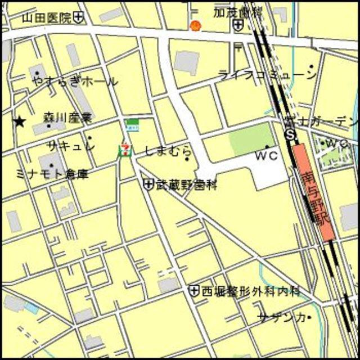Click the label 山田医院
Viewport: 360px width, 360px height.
click(47, 18)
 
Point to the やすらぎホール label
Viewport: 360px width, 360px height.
click(75, 82)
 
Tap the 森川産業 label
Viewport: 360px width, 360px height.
click(67, 118)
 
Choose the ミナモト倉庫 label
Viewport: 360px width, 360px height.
click(52, 174)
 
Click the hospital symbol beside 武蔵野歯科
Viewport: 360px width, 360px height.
click(148, 183)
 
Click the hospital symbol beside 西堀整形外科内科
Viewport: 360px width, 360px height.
click(194, 290)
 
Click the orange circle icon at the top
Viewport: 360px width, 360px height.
click(195, 25)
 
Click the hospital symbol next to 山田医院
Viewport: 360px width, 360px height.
click(79, 17)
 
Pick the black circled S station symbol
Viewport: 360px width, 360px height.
click(290, 134)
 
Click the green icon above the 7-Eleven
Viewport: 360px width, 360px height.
click(133, 124)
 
